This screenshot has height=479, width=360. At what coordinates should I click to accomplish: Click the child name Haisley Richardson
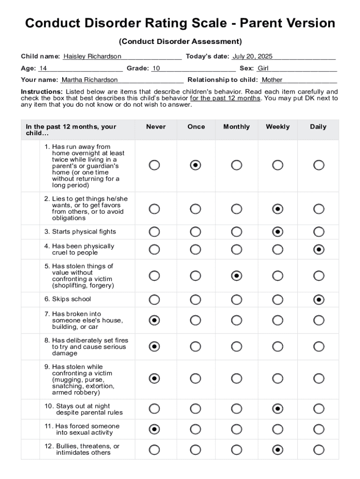[x=92, y=57]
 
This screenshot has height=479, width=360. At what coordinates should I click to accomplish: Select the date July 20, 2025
[x=252, y=57]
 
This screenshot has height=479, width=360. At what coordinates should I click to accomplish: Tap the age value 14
[x=43, y=68]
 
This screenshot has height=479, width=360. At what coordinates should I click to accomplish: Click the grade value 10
[x=156, y=68]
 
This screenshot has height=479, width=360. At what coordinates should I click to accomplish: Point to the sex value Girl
[x=263, y=68]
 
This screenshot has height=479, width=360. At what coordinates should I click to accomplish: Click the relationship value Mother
[x=272, y=80]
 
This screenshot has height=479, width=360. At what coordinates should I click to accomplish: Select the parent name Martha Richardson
[x=90, y=80]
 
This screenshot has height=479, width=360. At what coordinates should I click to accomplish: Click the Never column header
[x=156, y=127]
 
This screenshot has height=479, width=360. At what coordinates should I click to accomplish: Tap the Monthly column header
[x=237, y=127]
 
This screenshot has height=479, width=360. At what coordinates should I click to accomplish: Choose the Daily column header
[x=318, y=127]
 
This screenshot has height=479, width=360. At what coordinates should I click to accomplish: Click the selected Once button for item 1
[x=195, y=165]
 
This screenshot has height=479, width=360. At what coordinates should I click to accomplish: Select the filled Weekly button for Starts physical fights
[x=278, y=232]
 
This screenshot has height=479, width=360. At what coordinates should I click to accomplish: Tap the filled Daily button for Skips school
[x=319, y=299]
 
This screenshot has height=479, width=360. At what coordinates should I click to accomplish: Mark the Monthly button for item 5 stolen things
[x=237, y=276]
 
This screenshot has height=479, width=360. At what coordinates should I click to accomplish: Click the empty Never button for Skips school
[x=154, y=299]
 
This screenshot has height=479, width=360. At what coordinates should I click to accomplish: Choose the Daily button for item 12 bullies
[x=319, y=450]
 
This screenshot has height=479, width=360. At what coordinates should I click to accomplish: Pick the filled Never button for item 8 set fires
[x=154, y=347]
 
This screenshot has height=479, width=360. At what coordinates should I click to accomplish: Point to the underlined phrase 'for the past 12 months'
[x=225, y=98]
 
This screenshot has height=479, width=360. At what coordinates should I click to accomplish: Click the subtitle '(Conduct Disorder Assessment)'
[x=180, y=42]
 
